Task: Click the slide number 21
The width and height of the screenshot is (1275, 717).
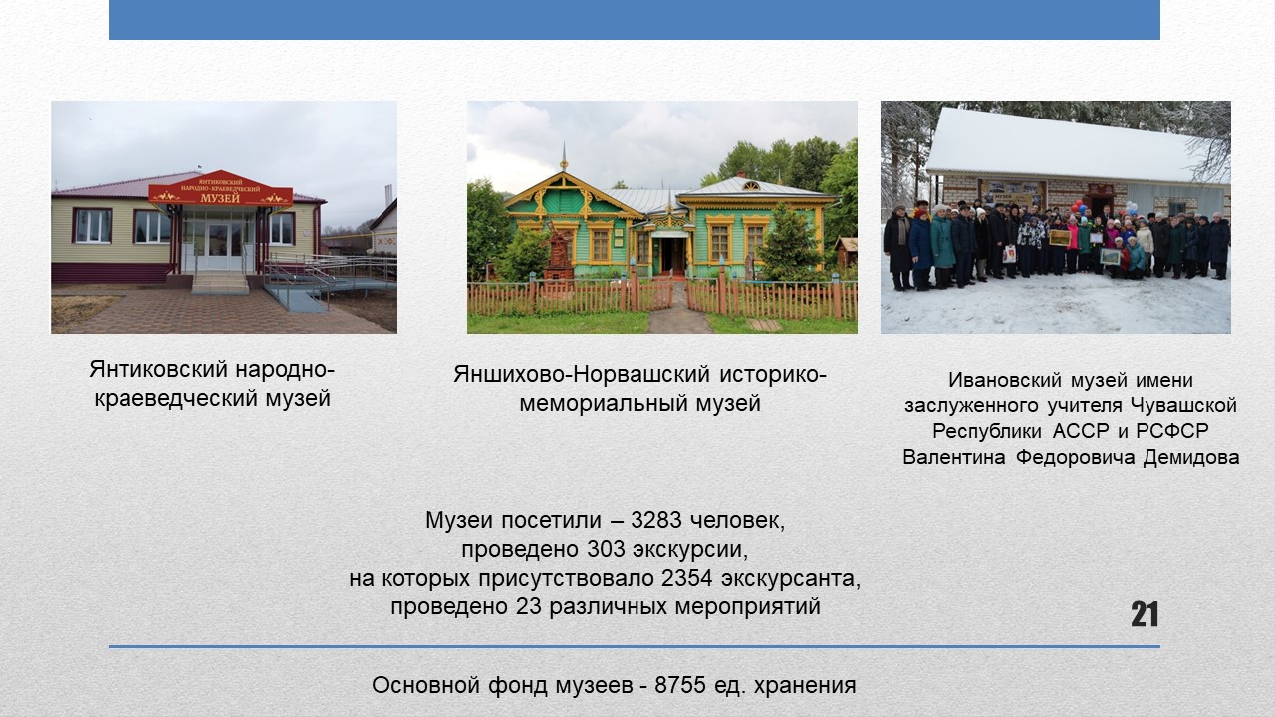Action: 1145,614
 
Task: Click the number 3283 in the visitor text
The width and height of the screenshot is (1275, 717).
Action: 656,520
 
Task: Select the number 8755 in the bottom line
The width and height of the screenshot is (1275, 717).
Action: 680,685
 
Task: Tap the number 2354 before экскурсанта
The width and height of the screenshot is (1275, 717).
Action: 687,579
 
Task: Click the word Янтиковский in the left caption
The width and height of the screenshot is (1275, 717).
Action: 158,369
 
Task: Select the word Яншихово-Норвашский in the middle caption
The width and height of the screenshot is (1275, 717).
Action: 582,375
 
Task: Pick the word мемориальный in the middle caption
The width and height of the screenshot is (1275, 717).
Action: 604,404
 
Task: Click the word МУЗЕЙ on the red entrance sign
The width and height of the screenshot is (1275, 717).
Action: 220,198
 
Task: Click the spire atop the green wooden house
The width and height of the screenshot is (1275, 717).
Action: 564,157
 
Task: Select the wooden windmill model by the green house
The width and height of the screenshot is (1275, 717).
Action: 558,253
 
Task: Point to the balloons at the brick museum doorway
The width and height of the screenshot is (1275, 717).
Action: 1078,208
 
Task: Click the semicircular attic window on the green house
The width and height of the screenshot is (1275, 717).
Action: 751,186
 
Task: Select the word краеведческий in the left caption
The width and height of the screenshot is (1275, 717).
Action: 176,399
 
